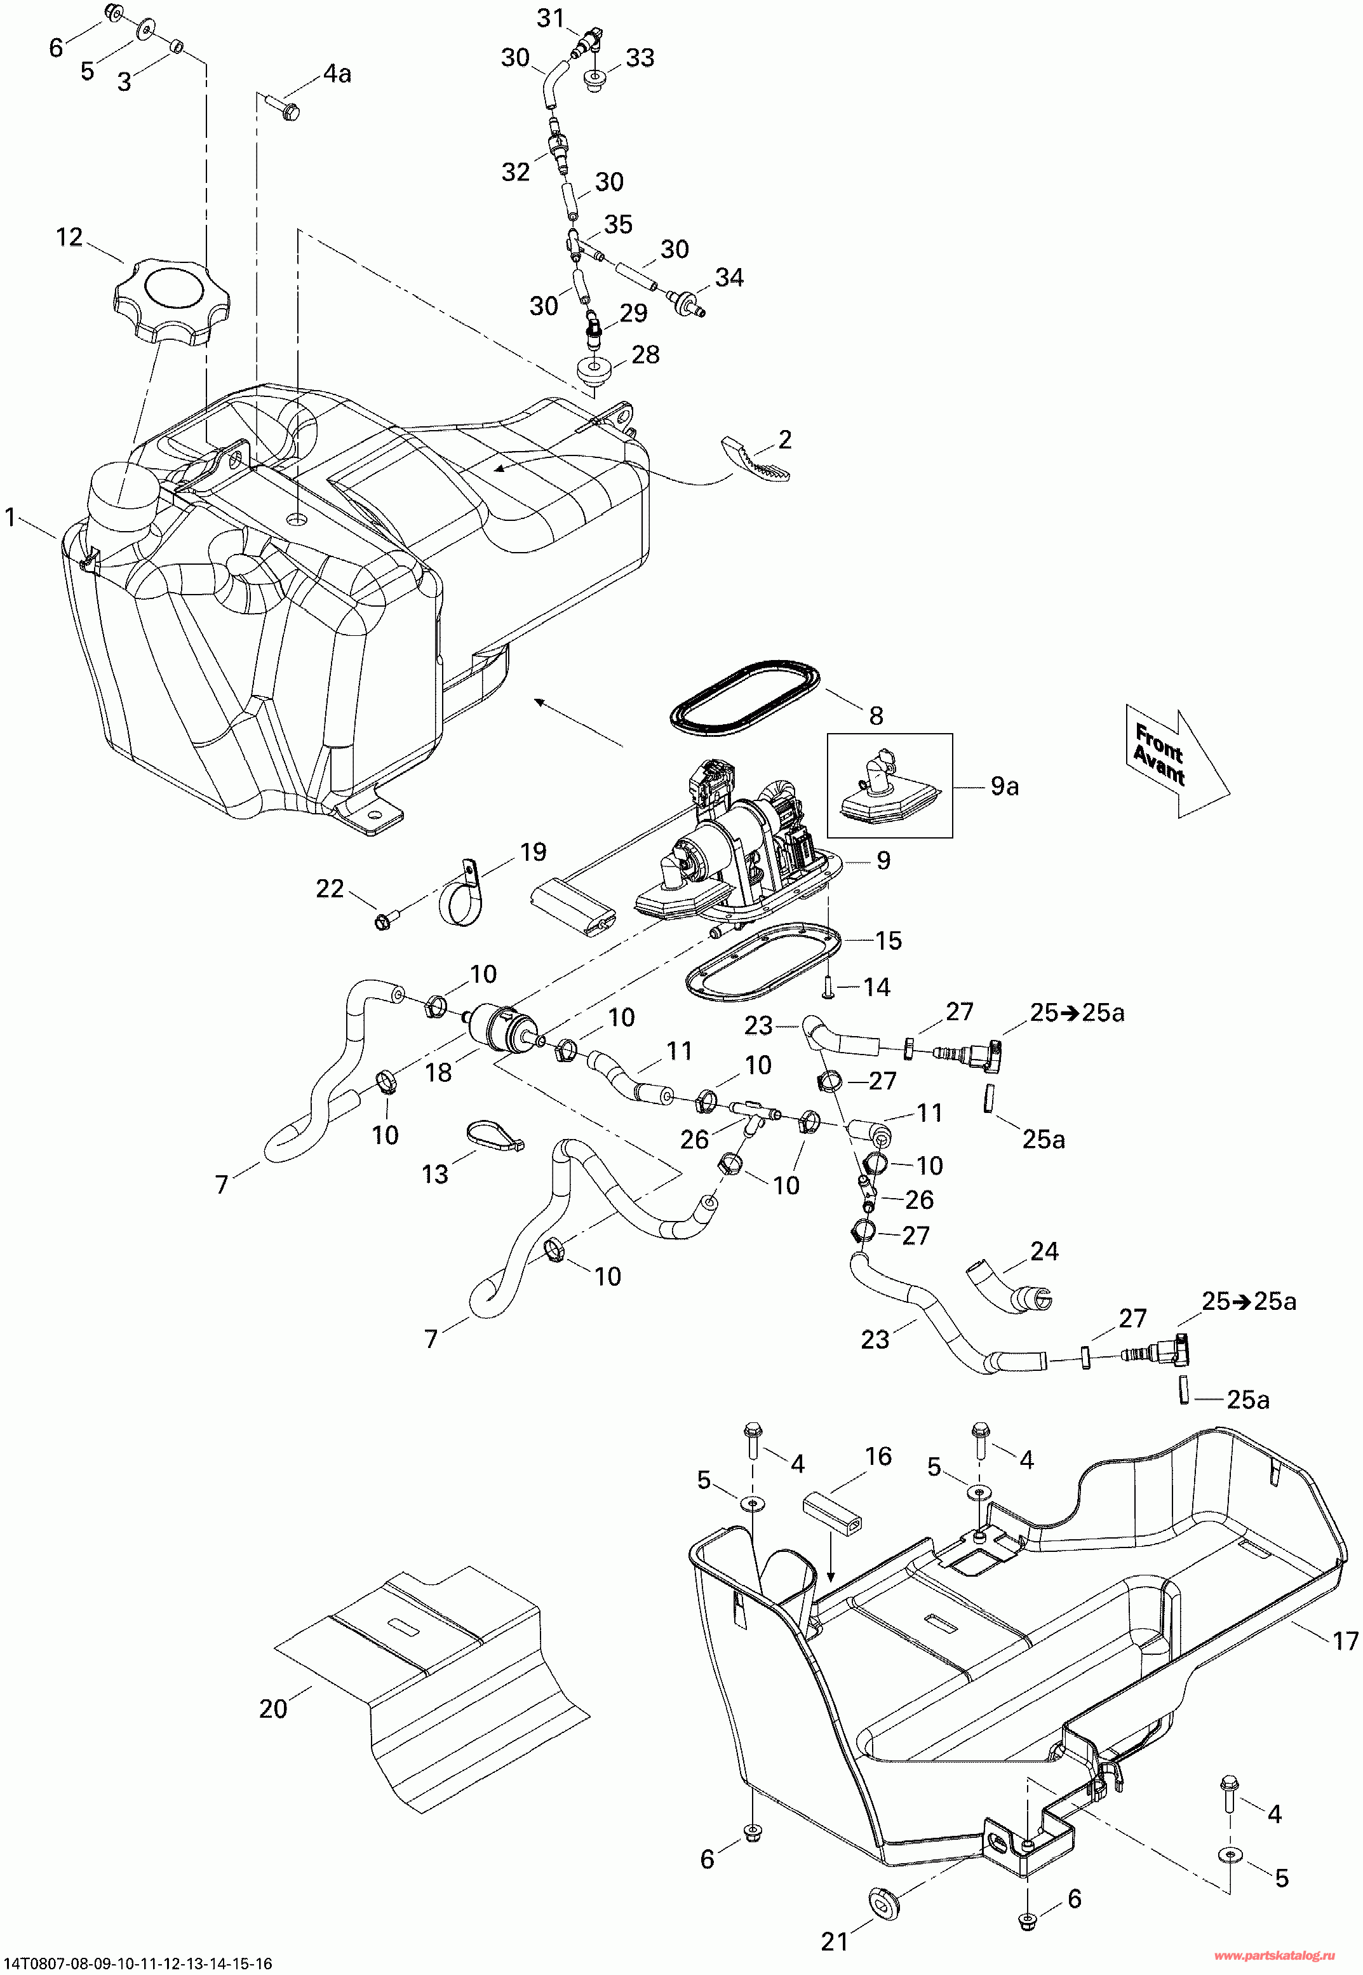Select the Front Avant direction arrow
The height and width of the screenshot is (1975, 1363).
point(1175,760)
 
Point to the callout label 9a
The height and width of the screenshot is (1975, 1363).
point(1004,786)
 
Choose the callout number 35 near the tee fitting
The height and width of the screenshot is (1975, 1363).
point(617,225)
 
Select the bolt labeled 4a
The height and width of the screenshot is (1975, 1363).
point(287,109)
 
